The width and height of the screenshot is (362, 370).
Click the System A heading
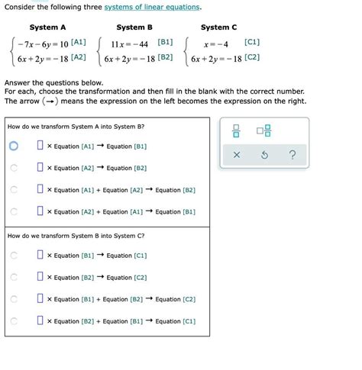[x=47, y=27]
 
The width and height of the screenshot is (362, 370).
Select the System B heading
[x=134, y=27]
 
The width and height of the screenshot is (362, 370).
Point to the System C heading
[x=219, y=27]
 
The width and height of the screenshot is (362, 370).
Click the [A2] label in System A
[x=79, y=57]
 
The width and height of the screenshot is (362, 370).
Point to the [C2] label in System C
[x=252, y=57]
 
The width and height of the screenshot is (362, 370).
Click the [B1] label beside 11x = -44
[x=164, y=42]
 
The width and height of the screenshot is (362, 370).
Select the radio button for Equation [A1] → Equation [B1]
[x=14, y=146]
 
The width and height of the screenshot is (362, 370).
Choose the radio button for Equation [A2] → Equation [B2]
[x=14, y=168]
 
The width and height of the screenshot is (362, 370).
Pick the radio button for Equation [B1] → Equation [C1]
[x=14, y=256]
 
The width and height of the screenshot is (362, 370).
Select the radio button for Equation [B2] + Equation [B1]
[x=14, y=322]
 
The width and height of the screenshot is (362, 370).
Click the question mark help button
[x=293, y=156]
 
